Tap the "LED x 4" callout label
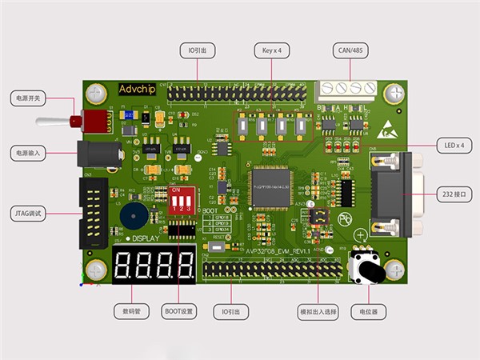[454, 145]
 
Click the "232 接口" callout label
[454, 194]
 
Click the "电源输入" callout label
[29, 152]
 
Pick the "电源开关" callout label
[29, 98]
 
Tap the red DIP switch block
[182, 198]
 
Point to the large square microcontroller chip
[271, 186]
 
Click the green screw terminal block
[346, 90]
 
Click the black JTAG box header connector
[93, 212]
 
